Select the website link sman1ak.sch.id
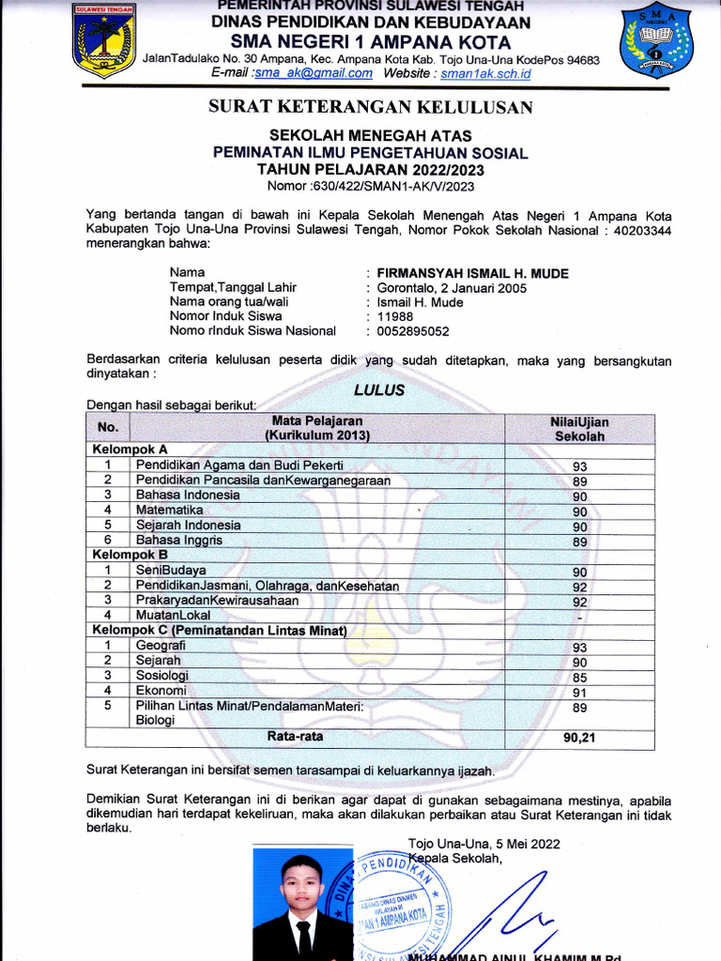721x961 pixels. click(x=486, y=73)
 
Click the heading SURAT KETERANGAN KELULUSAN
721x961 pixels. click(x=370, y=108)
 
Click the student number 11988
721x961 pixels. click(x=394, y=316)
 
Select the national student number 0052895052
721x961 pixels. click(x=413, y=330)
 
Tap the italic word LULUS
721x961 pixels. click(x=379, y=389)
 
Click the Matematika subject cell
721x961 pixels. click(x=170, y=511)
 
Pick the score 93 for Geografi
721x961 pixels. click(x=579, y=648)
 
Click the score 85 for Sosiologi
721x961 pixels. click(x=579, y=678)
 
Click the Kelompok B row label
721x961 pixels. click(x=130, y=555)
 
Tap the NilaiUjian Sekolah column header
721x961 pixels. click(x=579, y=429)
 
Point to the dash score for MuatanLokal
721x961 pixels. click(x=580, y=618)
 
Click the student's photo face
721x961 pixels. click(x=302, y=883)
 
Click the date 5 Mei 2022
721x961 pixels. click(x=527, y=844)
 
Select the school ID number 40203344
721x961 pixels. click(x=639, y=230)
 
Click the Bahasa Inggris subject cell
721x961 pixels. click(x=179, y=541)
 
